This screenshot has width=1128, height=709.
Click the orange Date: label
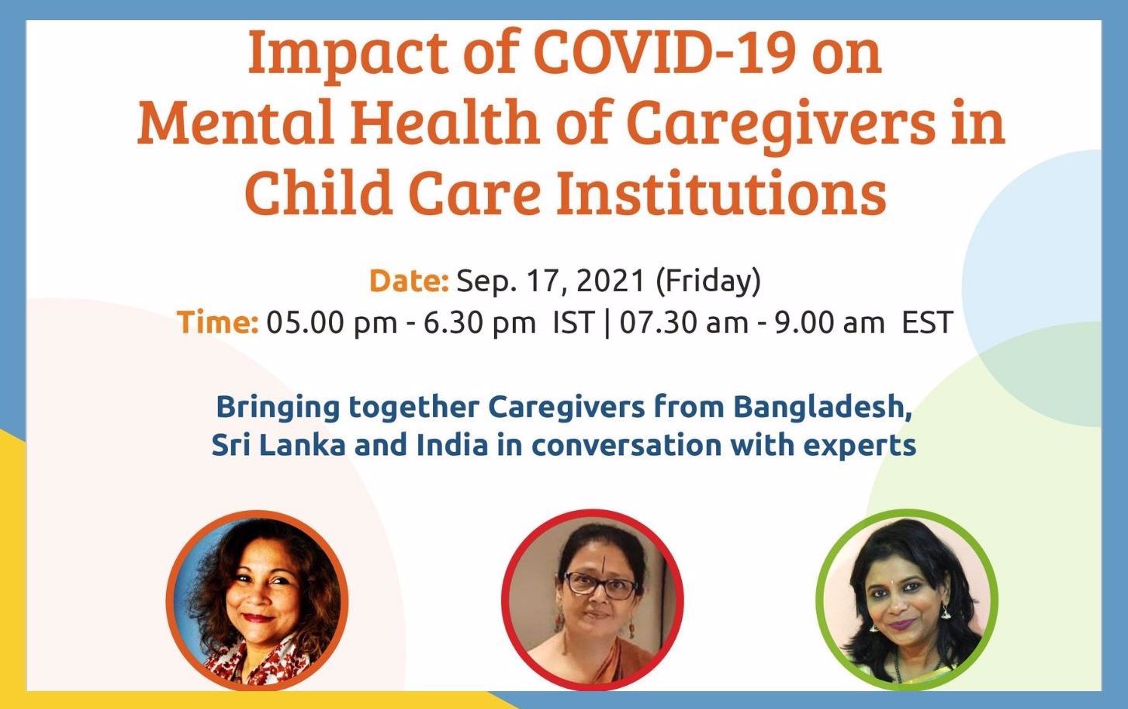409,280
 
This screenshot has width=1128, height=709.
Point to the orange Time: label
218,322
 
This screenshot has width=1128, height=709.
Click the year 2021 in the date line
611,280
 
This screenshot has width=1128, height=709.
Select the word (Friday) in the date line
708,282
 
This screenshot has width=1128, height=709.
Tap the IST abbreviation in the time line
574,322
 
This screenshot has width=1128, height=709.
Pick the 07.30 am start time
683,322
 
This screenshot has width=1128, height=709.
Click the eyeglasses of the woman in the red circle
600,586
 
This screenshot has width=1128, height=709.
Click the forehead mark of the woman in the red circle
603,559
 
